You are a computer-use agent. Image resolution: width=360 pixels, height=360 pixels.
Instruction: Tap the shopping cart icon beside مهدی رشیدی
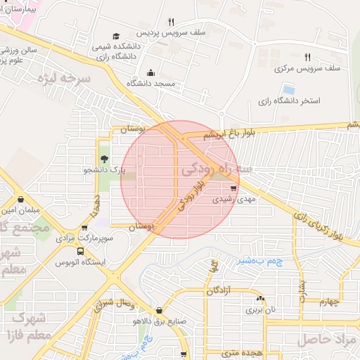pos(233,188)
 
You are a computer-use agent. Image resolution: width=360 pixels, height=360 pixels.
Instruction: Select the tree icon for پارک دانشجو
pos(104,159)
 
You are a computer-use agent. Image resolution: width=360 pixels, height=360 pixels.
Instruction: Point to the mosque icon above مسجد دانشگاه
pos(150,72)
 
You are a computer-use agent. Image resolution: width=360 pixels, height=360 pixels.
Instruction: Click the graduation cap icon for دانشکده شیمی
pos(116,36)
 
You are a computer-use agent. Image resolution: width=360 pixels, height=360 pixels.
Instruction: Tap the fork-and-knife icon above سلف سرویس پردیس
pos(172,22)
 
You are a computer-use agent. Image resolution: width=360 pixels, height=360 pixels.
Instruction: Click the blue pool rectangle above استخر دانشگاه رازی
pos(288,89)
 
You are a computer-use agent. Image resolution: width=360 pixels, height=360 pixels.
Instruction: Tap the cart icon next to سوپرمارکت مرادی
pos(85,228)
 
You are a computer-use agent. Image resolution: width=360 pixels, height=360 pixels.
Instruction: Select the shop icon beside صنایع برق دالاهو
pos(160,310)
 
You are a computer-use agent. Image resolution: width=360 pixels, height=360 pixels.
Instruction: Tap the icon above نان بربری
pos(261,298)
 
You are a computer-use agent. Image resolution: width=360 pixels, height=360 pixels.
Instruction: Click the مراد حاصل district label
pos(329,340)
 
